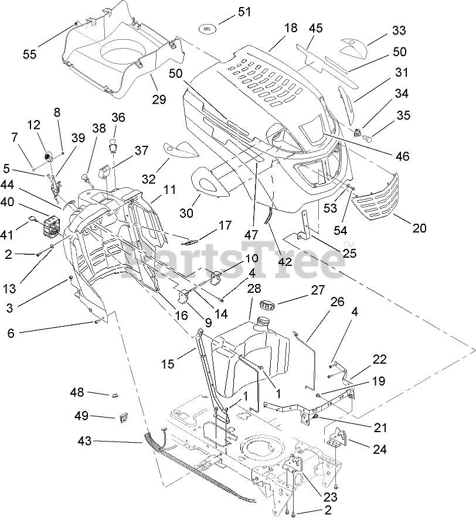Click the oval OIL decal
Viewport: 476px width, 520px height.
pos(208,29)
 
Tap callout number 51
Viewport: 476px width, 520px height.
pos(245,12)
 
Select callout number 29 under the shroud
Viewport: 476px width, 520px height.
pos(159,99)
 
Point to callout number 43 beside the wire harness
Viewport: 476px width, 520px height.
pos(84,441)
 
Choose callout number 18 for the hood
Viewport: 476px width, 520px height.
pos(291,28)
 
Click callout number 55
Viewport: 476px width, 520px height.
pos(29,54)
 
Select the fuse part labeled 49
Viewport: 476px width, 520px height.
pos(124,417)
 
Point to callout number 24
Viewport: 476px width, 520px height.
pos(380,449)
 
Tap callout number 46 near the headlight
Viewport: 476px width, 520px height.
pos(402,156)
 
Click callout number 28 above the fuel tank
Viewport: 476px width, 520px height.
pos(254,288)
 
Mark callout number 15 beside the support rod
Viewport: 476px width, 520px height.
pos(168,364)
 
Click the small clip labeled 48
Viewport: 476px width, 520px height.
pos(114,395)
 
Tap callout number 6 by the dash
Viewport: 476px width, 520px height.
pos(11,333)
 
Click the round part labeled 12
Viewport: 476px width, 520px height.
pos(49,155)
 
